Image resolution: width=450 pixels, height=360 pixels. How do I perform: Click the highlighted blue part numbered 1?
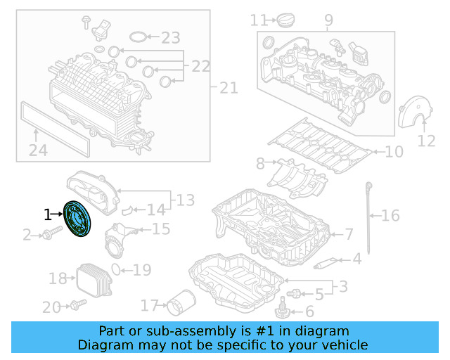coord(77,220)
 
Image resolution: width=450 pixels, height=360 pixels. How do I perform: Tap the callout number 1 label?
coord(48,214)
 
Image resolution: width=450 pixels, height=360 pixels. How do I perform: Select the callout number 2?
coord(27,235)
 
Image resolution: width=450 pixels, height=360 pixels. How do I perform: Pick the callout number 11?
coord(259,20)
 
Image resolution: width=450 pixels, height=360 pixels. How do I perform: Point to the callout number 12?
coord(426,141)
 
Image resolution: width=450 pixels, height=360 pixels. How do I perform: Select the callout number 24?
coord(38,150)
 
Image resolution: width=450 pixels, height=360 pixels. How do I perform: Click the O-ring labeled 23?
coord(140,37)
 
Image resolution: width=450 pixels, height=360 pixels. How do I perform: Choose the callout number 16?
coord(390,215)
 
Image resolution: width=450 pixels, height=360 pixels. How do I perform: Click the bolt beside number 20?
coord(77,305)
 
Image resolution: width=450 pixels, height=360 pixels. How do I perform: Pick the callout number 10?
coord(394,151)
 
